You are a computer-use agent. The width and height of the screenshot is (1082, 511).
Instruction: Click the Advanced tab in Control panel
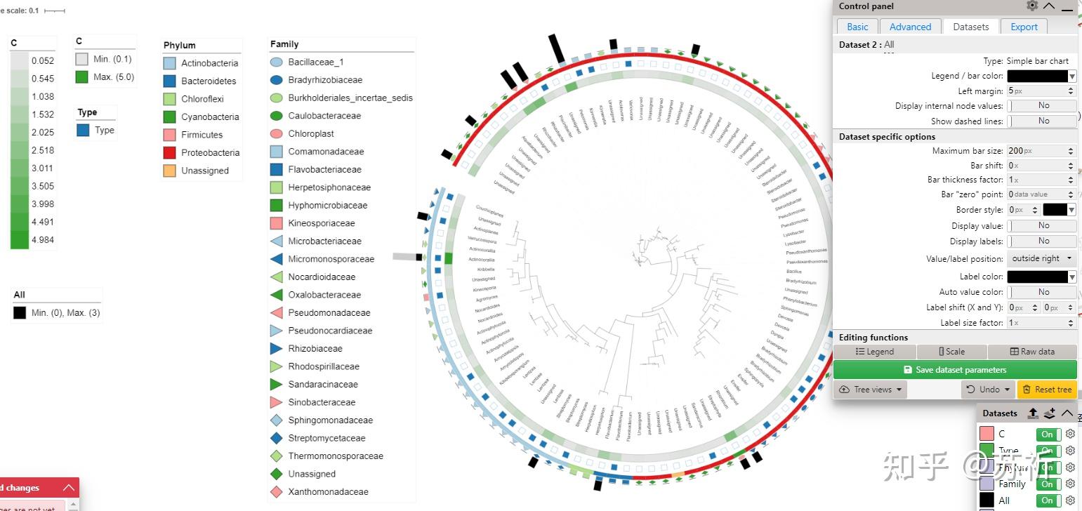[x=910, y=27]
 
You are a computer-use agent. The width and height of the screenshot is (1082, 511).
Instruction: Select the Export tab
[x=1024, y=27]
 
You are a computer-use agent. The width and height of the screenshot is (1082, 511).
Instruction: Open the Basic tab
[x=857, y=27]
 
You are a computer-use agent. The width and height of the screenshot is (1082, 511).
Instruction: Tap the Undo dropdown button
[x=988, y=389]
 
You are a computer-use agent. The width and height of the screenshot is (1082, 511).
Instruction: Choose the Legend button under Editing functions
[x=874, y=352]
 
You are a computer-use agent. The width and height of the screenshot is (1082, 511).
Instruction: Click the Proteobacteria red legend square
[x=169, y=152]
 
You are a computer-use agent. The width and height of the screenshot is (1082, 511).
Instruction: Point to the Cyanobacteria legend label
[x=210, y=117]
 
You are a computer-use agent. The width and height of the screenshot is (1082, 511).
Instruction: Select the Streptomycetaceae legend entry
[x=326, y=438]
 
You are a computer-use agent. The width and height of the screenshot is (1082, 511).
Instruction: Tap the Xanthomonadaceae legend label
[x=328, y=491]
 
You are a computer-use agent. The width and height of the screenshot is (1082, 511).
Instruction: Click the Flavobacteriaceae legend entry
[x=324, y=169]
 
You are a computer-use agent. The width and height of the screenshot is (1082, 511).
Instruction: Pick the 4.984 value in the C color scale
[x=43, y=240]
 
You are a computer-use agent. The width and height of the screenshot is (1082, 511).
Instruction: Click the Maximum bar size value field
[x=1038, y=151]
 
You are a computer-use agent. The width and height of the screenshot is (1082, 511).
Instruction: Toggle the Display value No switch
[x=1042, y=226]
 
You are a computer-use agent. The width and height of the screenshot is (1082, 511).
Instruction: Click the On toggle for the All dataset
[x=1048, y=500]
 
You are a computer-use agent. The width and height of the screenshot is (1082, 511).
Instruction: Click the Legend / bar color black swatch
[x=1038, y=76]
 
